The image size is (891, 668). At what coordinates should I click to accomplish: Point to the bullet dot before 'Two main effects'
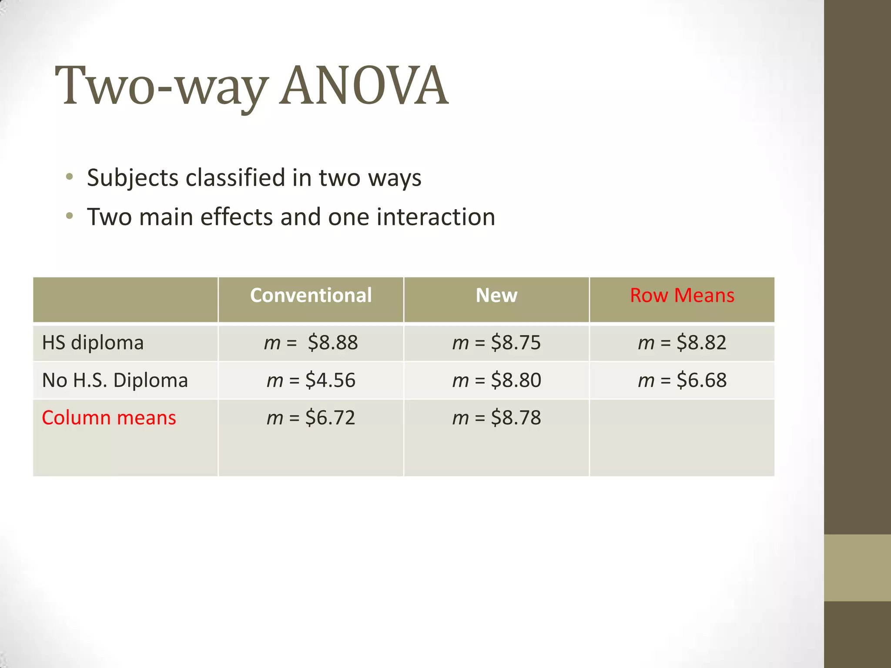pyautogui.click(x=70, y=216)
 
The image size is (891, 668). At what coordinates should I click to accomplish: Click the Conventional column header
pyautogui.click(x=311, y=295)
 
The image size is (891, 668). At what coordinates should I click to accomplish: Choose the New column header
pyautogui.click(x=496, y=295)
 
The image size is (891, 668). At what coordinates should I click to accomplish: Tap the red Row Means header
pyautogui.click(x=682, y=295)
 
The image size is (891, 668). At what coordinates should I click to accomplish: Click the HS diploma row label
pyautogui.click(x=93, y=343)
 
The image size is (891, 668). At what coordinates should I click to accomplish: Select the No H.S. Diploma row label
pyautogui.click(x=115, y=380)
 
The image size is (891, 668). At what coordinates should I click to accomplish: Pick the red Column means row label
pyautogui.click(x=109, y=417)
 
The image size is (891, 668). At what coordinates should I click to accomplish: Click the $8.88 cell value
pyautogui.click(x=332, y=343)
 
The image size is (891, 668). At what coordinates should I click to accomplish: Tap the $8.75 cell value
pyautogui.click(x=516, y=343)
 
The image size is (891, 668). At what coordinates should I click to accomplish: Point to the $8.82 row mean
pyautogui.click(x=701, y=343)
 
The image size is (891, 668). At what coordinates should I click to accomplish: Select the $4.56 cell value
pyautogui.click(x=330, y=380)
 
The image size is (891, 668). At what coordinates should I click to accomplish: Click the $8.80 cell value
pyautogui.click(x=516, y=380)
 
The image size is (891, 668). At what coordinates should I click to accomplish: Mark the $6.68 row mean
pyautogui.click(x=701, y=380)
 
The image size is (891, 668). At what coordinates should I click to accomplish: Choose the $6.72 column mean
pyautogui.click(x=330, y=417)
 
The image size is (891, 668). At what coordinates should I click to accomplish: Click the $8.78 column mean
pyautogui.click(x=516, y=417)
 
